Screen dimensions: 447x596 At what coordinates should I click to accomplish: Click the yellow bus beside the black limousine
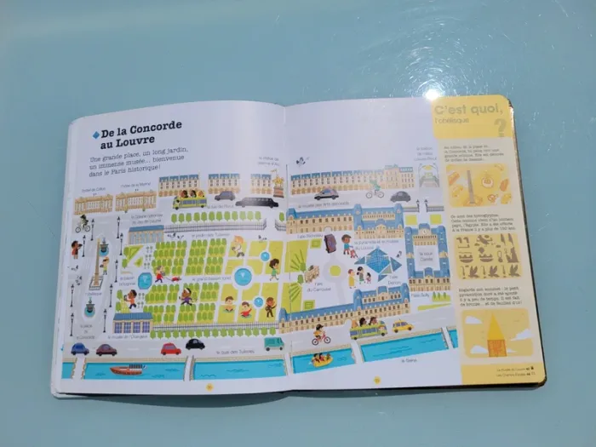pos(188,201)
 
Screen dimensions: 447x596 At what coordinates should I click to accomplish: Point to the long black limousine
pos(256,203)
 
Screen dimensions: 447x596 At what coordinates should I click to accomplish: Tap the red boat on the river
pos(126,370)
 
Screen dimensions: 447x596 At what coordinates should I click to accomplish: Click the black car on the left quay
pos(195,345)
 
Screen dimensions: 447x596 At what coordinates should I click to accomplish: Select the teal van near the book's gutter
pos(273,343)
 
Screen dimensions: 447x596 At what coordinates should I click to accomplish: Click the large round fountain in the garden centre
pos(244,276)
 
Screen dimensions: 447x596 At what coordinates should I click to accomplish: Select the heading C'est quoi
pos(463,112)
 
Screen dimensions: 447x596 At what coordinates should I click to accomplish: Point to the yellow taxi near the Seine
pos(401,326)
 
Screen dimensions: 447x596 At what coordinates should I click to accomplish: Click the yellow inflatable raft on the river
pos(321,359)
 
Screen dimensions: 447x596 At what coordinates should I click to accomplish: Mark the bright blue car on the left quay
pos(80,348)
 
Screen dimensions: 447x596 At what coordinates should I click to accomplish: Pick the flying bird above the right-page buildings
pos(301,159)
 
